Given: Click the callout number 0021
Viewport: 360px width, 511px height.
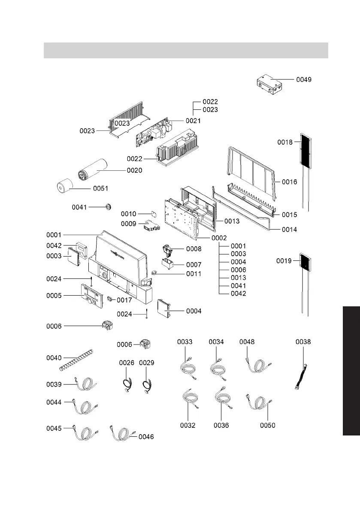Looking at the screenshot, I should [193, 121].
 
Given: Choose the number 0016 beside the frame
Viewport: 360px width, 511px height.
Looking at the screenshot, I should [289, 182].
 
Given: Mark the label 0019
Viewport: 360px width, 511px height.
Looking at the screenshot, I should [284, 261].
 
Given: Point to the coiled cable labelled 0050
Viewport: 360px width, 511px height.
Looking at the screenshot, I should [259, 403].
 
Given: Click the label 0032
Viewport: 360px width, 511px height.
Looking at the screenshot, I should [188, 425].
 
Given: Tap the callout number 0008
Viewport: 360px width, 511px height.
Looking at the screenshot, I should [194, 249].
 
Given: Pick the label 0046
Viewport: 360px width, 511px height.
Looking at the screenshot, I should [146, 437].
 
